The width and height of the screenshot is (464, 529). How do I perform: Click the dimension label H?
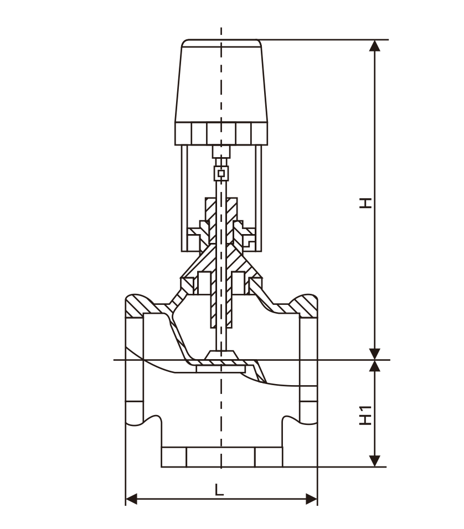[x=365, y=202]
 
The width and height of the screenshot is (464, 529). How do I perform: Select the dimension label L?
[x=220, y=489]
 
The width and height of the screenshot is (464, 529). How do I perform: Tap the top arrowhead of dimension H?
[x=375, y=45]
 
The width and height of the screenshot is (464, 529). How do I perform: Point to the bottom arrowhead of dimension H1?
[x=375, y=460]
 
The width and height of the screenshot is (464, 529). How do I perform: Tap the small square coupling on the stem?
[x=221, y=174]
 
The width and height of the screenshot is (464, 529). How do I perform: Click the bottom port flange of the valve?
[x=221, y=457]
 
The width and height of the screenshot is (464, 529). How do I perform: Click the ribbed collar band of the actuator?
[x=221, y=133]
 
